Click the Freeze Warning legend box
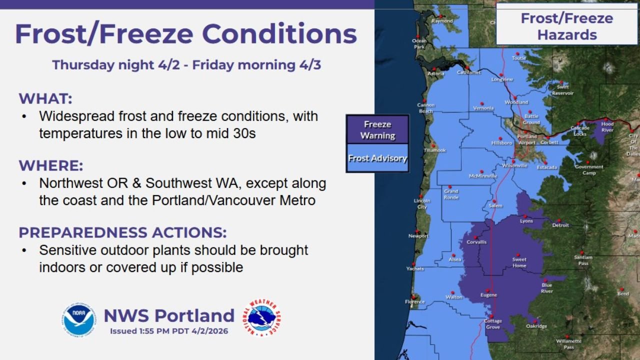point(377,130)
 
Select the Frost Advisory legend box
point(377,158)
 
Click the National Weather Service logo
point(261,318)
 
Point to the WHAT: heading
point(45,98)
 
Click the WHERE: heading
point(51,165)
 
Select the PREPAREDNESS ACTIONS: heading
point(122,232)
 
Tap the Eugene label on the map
point(488,295)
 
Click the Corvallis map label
point(476,242)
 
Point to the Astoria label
point(435,74)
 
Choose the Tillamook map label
point(434,150)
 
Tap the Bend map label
point(623,293)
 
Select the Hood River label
point(607,126)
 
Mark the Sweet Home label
point(519,262)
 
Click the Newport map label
point(418,236)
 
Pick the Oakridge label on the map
point(536,326)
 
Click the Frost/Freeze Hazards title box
point(566,26)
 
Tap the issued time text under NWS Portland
point(169,330)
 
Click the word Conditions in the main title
point(279,34)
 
